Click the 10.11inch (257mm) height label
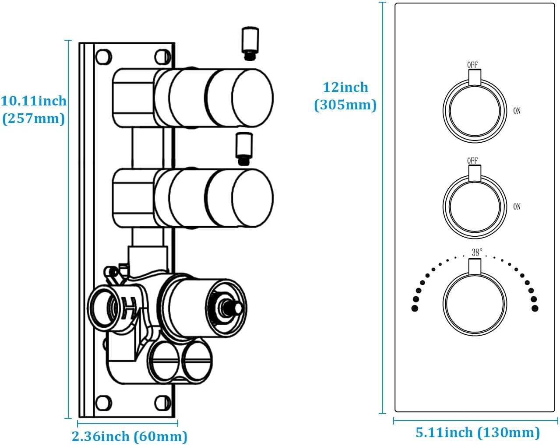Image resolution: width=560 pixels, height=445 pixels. (x=33, y=109)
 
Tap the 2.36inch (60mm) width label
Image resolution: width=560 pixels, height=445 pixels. (x=129, y=436)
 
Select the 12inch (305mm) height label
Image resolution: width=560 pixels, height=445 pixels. (x=345, y=96)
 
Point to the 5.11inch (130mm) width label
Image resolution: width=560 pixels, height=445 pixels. (x=477, y=432)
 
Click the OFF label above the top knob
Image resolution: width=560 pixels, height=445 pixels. (x=472, y=65)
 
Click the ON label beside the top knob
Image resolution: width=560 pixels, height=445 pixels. (x=517, y=111)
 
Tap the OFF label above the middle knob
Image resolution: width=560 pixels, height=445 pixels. (x=472, y=161)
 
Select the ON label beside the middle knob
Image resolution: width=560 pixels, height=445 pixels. (x=517, y=207)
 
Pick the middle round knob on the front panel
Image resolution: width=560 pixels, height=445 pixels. (x=475, y=207)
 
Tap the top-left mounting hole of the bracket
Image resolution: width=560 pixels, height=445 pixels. (x=104, y=57)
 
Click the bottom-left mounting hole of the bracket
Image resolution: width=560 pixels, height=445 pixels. (x=104, y=403)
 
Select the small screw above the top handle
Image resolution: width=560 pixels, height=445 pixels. (x=250, y=43)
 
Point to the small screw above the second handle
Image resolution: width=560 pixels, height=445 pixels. (x=244, y=148)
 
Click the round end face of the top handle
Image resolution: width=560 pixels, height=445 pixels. (x=252, y=97)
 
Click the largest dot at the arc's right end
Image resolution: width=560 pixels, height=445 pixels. (x=535, y=308)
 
